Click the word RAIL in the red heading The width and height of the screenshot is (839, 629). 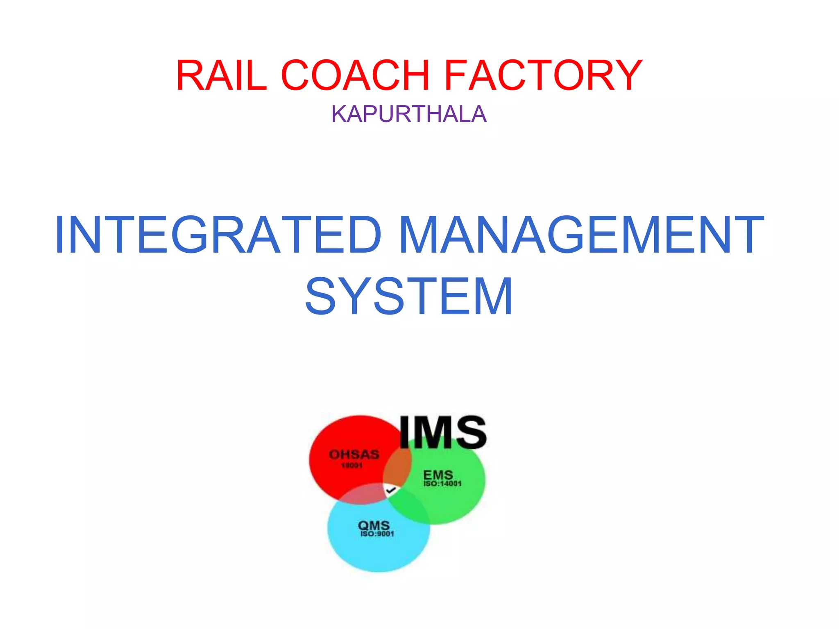click(x=222, y=75)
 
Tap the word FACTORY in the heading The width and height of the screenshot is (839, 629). click(x=543, y=75)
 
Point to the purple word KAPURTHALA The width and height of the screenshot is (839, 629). click(x=409, y=114)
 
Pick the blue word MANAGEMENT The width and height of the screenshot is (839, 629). click(x=581, y=235)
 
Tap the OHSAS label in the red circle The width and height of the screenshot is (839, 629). click(x=354, y=454)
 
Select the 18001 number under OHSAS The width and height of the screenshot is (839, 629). click(x=351, y=466)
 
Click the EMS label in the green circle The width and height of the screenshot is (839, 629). click(x=438, y=475)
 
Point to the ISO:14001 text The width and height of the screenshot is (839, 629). click(x=442, y=484)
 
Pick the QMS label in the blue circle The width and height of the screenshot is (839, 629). click(x=374, y=525)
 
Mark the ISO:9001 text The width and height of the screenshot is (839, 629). click(x=377, y=534)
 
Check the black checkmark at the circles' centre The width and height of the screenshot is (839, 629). click(x=391, y=490)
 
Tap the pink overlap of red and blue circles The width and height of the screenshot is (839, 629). click(x=361, y=494)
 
